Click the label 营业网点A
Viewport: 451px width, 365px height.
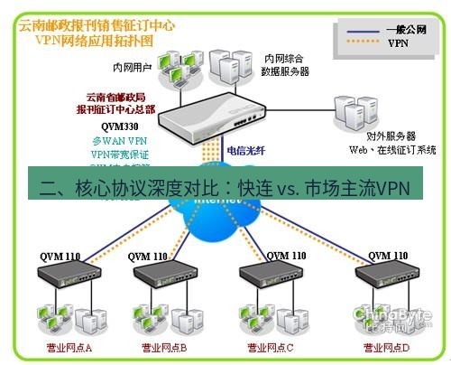pyautogui.click(x=69, y=347)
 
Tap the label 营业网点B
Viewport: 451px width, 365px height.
pyautogui.click(x=163, y=347)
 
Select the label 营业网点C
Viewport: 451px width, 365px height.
pyautogui.click(x=270, y=347)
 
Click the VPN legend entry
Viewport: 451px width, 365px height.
pyautogui.click(x=398, y=42)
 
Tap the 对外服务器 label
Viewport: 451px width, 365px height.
pyautogui.click(x=378, y=135)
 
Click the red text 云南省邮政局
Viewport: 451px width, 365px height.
pyautogui.click(x=118, y=98)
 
